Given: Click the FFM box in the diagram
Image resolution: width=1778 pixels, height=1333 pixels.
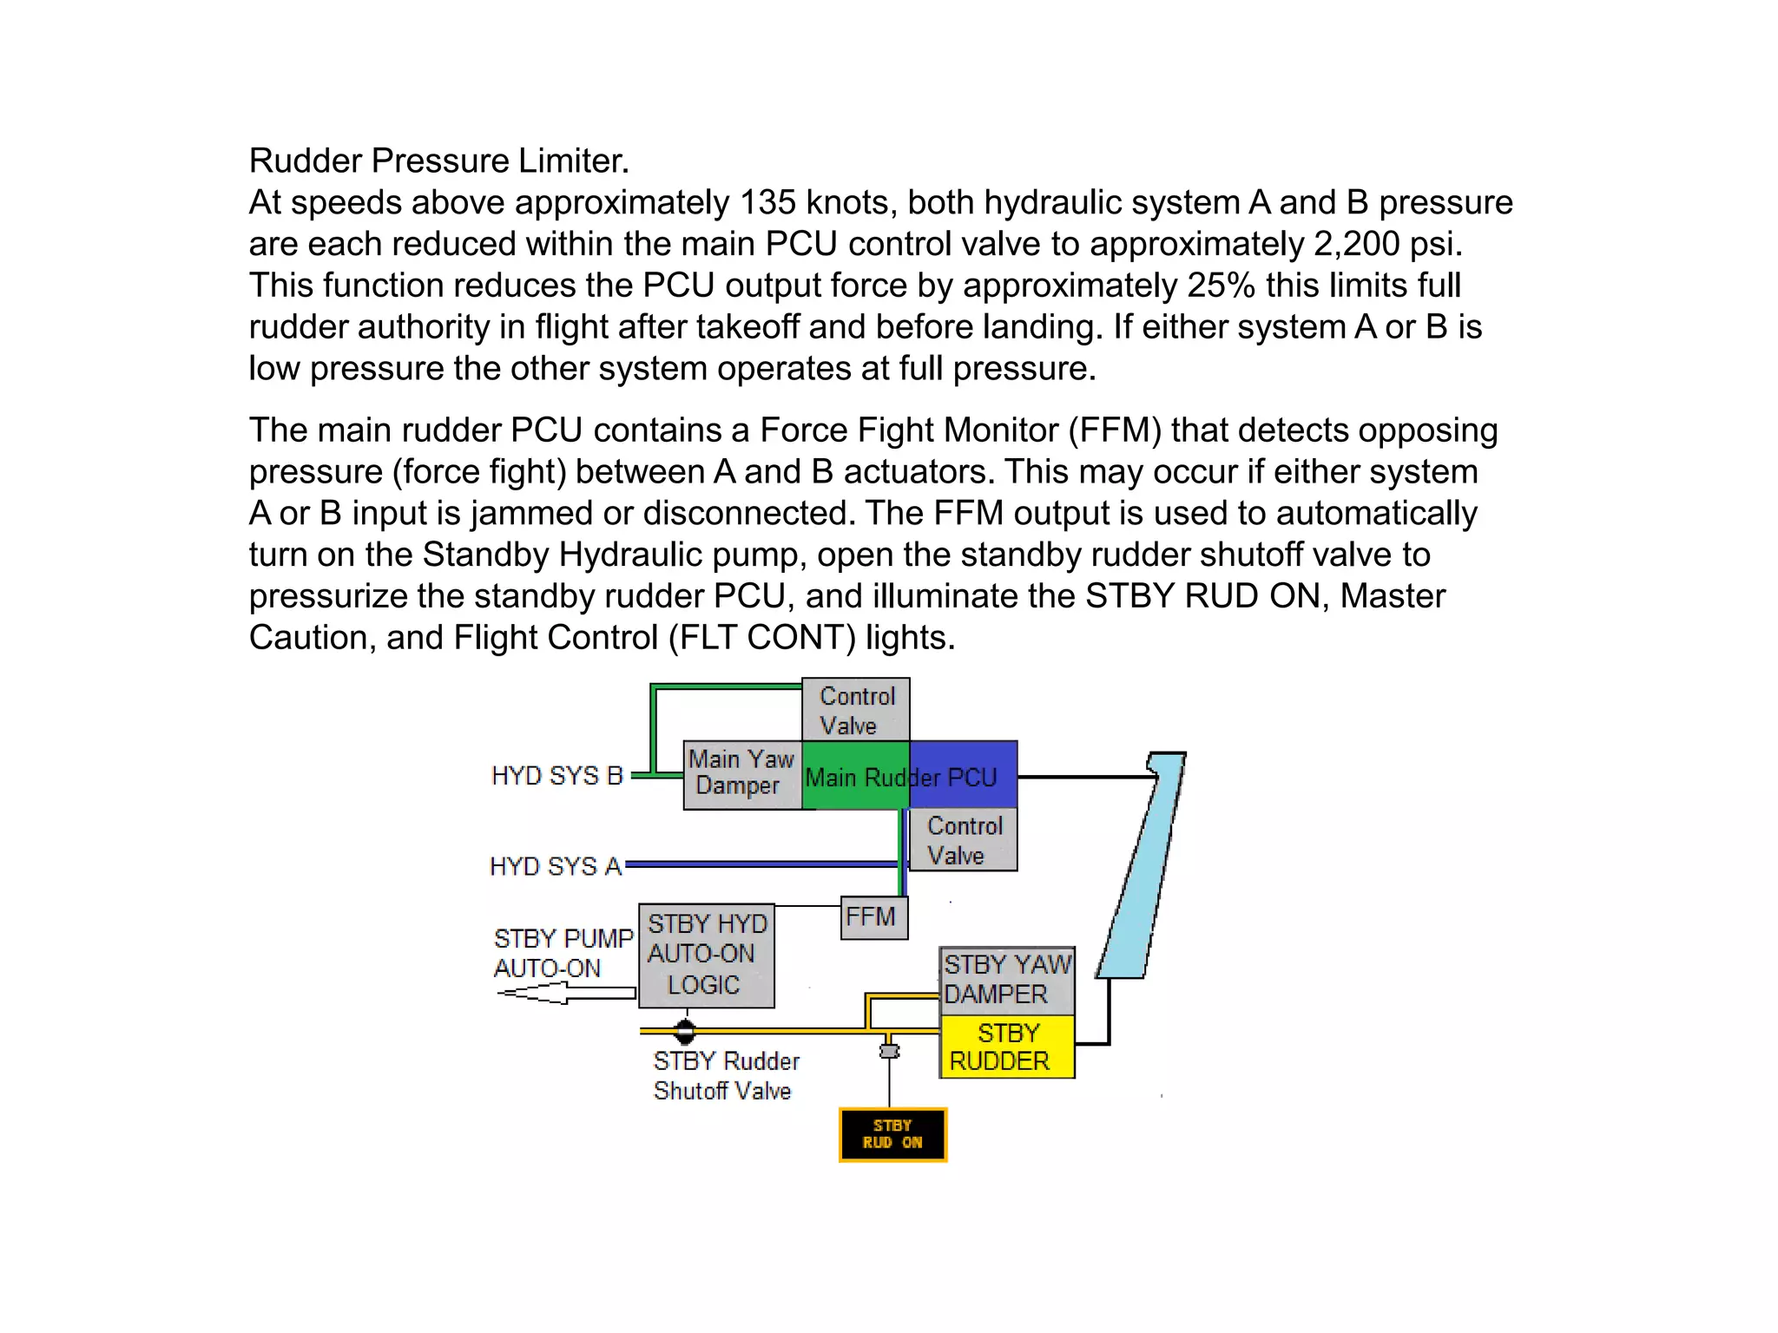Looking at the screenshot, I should pos(874,918).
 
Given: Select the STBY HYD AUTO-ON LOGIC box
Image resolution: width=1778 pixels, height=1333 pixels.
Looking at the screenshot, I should pos(706,955).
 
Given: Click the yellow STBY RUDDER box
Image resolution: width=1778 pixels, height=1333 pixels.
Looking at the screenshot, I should pos(1007,1047).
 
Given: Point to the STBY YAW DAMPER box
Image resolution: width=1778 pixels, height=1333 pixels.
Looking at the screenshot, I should pos(1007,980).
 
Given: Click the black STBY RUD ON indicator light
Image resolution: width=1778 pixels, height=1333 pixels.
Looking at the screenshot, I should pos(892,1134).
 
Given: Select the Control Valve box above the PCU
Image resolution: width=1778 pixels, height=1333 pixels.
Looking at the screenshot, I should pos(855,710).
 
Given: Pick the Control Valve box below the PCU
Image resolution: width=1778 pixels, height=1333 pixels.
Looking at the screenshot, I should pos(963,840).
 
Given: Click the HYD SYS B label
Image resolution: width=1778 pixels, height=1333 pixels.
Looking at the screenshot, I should pos(556,776).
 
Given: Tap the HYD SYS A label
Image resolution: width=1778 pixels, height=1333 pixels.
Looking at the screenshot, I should pos(556,866).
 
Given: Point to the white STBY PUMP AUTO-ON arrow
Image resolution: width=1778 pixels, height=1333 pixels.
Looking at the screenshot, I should pos(566,993).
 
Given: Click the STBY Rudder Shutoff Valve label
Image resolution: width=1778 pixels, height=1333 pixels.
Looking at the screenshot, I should pos(725,1076).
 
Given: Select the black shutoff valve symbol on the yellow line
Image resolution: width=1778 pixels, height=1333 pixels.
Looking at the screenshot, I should pos(685,1031).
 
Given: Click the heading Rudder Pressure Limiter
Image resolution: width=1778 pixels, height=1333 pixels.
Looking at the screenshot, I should pos(438,161).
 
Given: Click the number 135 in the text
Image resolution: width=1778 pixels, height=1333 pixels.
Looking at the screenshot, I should pos(767,203).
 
